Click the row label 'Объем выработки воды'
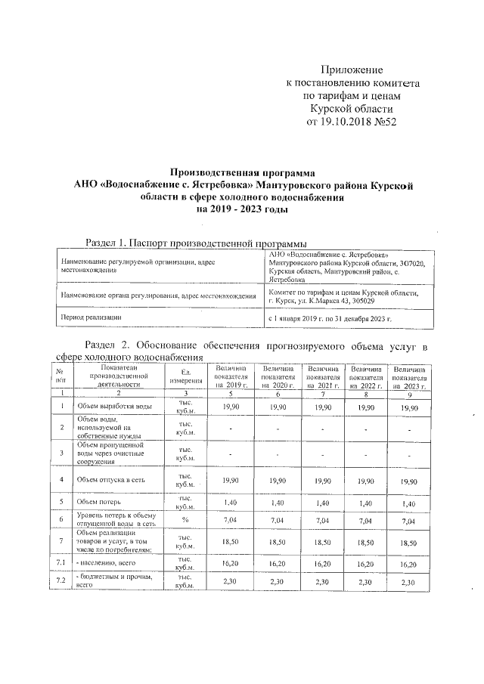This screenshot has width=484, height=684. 114,407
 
